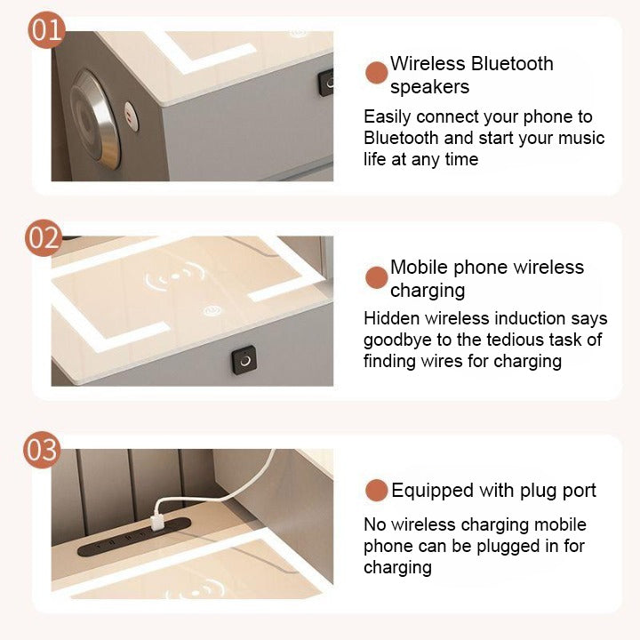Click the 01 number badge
tap(47, 28)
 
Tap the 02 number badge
tap(42, 238)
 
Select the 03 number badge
tap(42, 451)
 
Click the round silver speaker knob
tap(96, 118)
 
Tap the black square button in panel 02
tap(244, 360)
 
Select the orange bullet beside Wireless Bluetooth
tap(377, 73)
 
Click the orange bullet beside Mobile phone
tap(377, 277)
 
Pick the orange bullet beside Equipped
tap(377, 491)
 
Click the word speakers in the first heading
tap(429, 87)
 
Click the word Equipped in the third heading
tap(433, 491)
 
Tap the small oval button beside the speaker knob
tap(131, 114)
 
